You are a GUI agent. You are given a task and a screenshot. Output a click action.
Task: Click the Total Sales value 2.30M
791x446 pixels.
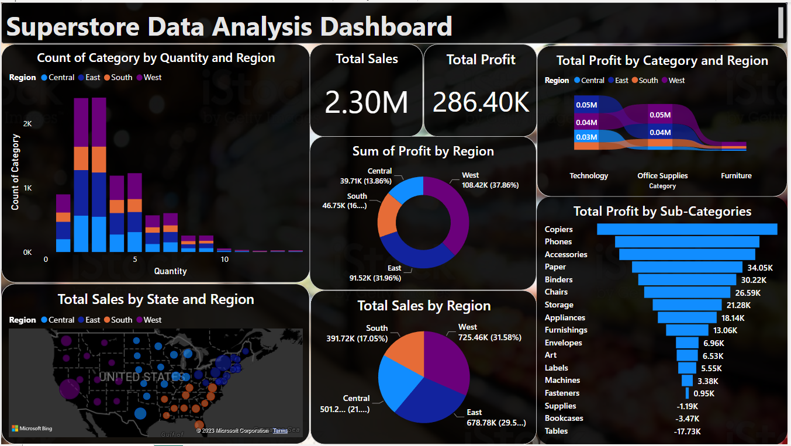coord(366,102)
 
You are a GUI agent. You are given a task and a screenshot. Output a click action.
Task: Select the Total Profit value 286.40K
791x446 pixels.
coord(481,102)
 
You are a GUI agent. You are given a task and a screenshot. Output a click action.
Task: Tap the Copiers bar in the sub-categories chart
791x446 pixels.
coord(687,229)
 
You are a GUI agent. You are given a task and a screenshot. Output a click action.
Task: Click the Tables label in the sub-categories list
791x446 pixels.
coord(556,431)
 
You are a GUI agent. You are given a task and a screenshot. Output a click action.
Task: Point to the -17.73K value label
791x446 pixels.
coord(687,431)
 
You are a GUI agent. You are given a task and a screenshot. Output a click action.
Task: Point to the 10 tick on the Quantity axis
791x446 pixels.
coord(224,259)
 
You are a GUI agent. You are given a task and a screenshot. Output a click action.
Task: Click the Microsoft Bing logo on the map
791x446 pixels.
coord(32,428)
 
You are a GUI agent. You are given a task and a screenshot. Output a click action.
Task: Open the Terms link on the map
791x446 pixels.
coord(280,430)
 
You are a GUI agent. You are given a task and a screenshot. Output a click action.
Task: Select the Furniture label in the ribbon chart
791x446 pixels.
coord(736,175)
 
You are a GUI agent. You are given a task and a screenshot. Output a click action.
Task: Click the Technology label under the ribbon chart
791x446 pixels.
coord(589,175)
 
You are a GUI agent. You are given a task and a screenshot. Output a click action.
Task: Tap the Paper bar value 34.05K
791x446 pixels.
coord(760,267)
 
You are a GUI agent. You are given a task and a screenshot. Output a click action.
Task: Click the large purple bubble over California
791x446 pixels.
coord(70,389)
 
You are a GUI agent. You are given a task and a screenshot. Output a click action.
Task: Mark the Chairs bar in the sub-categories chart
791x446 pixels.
coord(687,292)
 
